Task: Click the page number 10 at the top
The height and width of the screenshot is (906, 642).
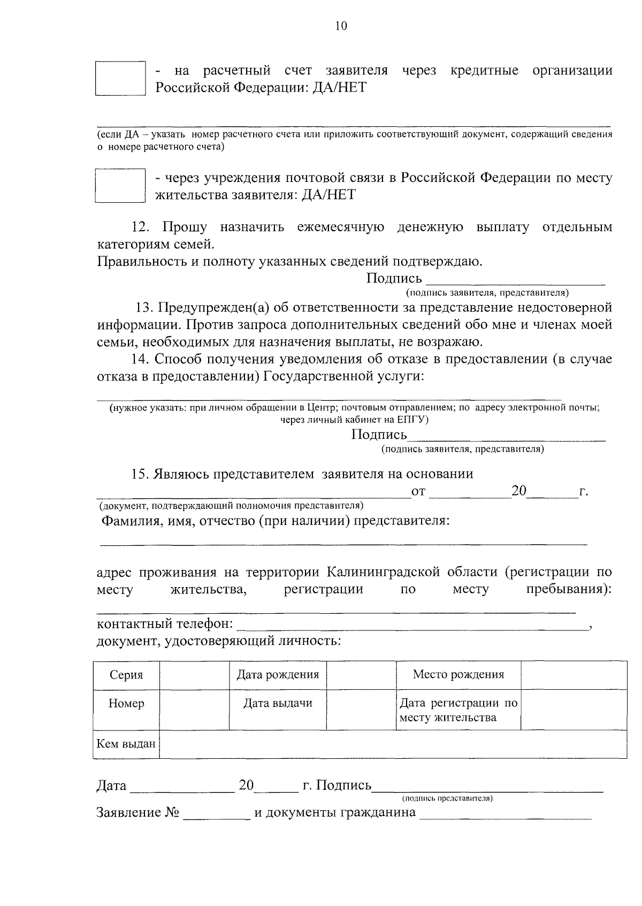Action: pyautogui.click(x=341, y=26)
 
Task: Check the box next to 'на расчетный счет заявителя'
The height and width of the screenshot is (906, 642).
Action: pyautogui.click(x=120, y=78)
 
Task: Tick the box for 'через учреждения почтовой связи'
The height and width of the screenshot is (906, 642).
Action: pyautogui.click(x=120, y=186)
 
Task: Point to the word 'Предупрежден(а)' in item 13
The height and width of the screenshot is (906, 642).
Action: pyautogui.click(x=211, y=308)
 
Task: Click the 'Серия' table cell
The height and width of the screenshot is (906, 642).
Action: pyautogui.click(x=126, y=675)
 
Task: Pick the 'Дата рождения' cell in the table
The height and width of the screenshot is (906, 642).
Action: pyautogui.click(x=278, y=675)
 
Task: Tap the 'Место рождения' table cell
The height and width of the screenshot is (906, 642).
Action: pyautogui.click(x=458, y=674)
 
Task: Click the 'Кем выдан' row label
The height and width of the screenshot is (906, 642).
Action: pyautogui.click(x=126, y=744)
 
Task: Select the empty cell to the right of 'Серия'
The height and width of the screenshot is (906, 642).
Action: pyautogui.click(x=194, y=675)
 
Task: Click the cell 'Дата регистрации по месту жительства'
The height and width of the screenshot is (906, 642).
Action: pyautogui.click(x=458, y=710)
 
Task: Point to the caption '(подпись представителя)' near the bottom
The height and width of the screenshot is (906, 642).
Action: pyautogui.click(x=447, y=798)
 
